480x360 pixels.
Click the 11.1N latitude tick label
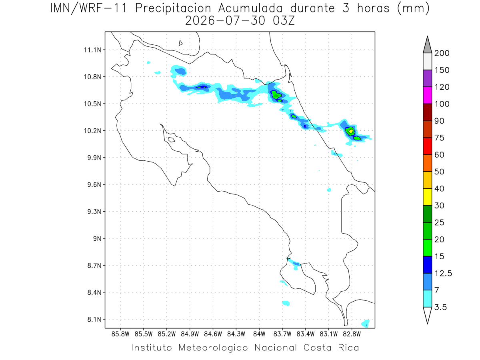92,50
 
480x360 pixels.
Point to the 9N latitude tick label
97,238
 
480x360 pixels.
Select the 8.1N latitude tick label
94,319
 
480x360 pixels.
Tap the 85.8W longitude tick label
120,334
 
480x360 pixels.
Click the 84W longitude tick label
259,334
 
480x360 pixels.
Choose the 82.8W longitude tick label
352,334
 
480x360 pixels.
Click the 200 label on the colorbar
442,53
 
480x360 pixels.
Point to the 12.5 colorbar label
443,273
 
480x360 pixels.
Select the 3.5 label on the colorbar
440,307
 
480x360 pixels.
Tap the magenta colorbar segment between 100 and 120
427,95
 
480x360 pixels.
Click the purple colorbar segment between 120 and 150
427,78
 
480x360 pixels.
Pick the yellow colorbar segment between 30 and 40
427,197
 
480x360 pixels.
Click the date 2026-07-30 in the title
225,21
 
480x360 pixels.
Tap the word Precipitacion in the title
173,9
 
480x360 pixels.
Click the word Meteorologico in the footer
213,348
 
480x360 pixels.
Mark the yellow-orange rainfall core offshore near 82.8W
351,131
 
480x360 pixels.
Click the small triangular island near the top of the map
180,43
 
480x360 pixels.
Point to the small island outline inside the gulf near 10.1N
172,140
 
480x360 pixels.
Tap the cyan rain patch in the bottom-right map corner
366,323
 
